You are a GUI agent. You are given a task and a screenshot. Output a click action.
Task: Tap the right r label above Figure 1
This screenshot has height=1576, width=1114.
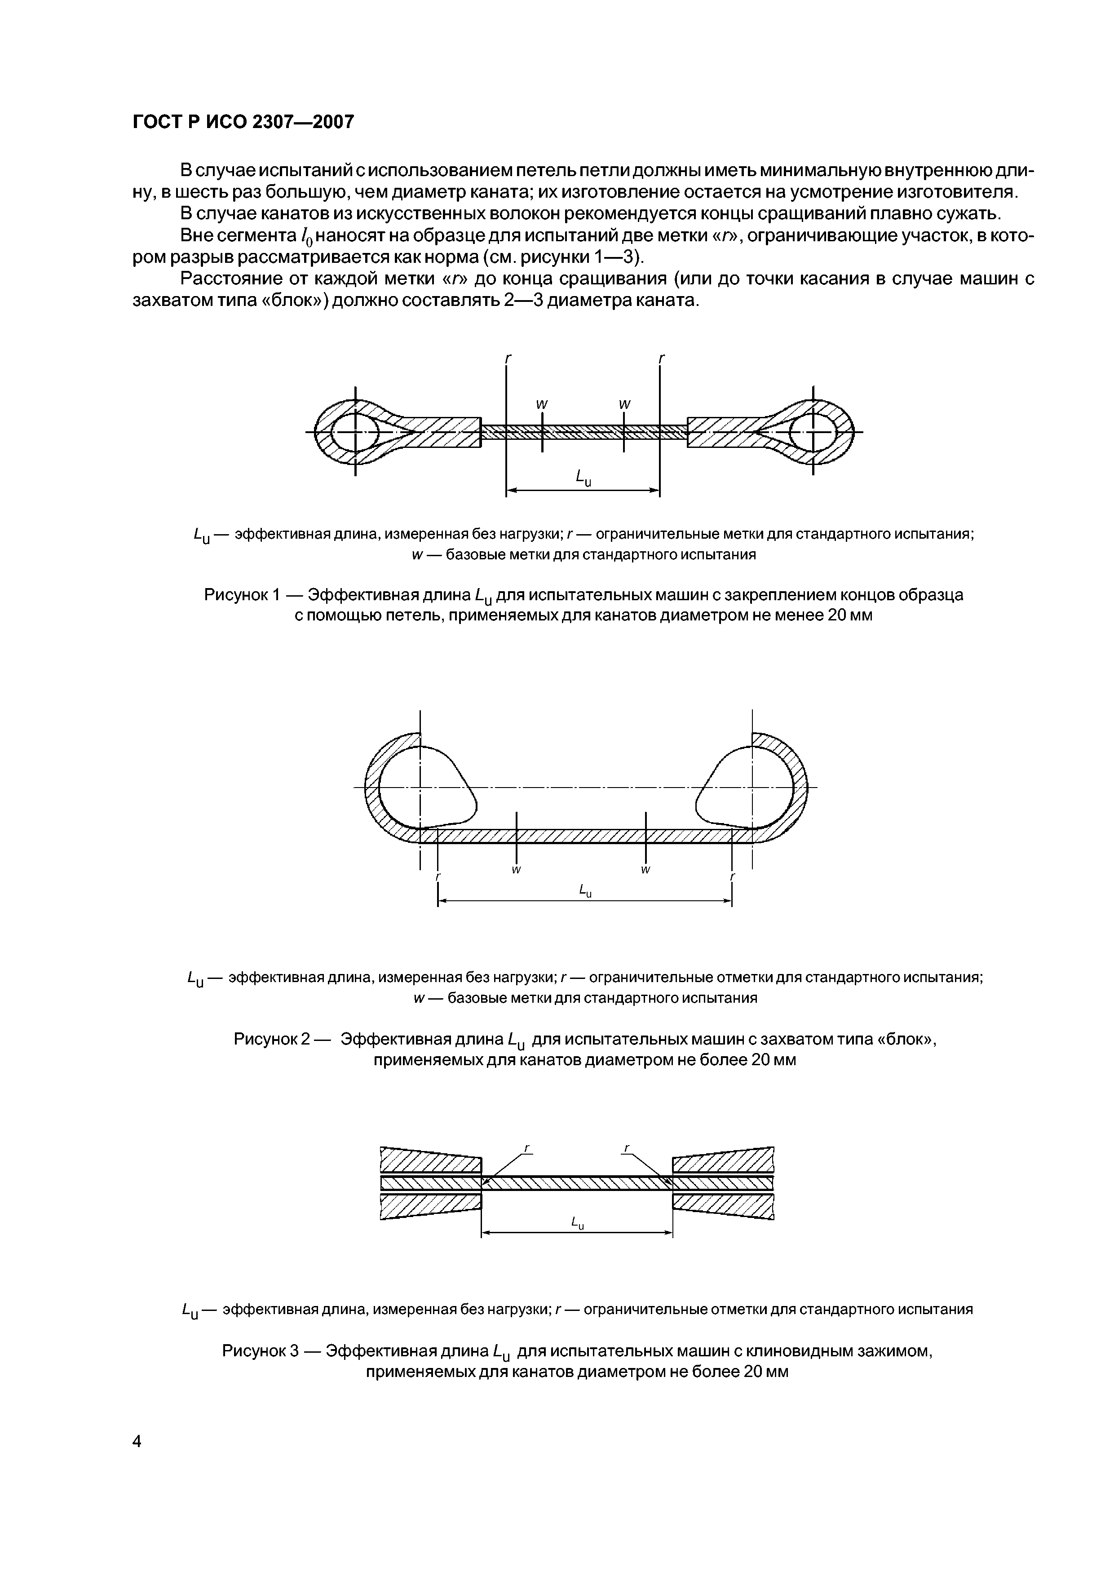point(661,359)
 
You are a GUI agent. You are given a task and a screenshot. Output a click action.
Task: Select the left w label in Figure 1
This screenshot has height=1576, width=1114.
point(542,405)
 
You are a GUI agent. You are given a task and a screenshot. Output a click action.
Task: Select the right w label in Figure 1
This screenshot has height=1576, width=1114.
point(624,405)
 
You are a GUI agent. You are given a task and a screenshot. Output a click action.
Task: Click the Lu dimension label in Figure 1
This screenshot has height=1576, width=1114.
point(583,477)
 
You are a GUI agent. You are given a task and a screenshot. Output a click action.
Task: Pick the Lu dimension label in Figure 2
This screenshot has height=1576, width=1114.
point(585,891)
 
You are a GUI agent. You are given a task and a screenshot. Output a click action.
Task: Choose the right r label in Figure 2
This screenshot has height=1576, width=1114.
point(732,877)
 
